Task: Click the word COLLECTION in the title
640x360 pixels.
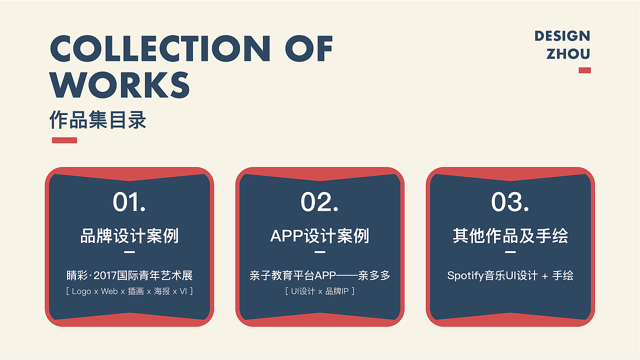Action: (x=160, y=48)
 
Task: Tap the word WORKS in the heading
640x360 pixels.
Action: (x=120, y=85)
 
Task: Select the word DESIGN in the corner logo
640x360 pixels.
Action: (x=562, y=36)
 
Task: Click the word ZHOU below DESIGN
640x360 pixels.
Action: (x=568, y=54)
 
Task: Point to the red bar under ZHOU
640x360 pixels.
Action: (x=584, y=70)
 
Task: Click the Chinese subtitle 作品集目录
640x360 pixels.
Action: (x=98, y=120)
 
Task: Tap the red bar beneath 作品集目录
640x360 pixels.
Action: (x=64, y=140)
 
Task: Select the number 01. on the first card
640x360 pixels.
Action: (x=129, y=202)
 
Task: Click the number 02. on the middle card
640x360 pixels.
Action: (x=319, y=202)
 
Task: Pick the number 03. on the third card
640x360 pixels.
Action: (x=510, y=202)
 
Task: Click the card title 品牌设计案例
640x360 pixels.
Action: (x=129, y=236)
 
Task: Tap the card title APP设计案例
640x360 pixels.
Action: (x=319, y=236)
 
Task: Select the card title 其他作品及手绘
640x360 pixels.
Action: (x=510, y=236)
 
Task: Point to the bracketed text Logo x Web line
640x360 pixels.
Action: (x=129, y=291)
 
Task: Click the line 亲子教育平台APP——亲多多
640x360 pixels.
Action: (x=319, y=275)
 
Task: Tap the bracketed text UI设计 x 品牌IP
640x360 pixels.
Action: (x=319, y=291)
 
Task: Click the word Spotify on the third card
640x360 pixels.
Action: (x=465, y=275)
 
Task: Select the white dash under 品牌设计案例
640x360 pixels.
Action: (x=129, y=252)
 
